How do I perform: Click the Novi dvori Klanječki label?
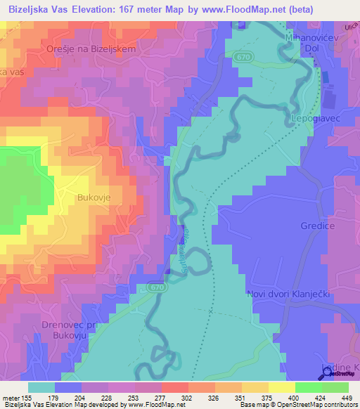289,293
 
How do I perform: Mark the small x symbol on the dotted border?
211,309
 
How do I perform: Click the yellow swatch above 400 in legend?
281,387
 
